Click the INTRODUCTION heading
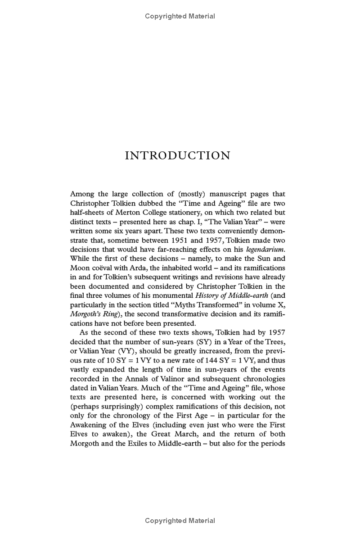tap(177, 156)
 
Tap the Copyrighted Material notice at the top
tap(180, 16)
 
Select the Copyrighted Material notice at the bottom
tap(180, 521)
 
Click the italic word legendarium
tap(265, 250)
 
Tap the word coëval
tap(105, 268)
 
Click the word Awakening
tap(88, 425)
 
